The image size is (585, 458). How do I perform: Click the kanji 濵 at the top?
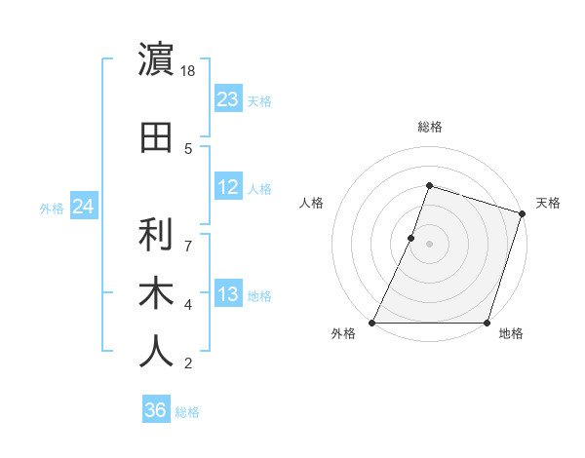(157, 59)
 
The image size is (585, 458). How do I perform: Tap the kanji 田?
(157, 137)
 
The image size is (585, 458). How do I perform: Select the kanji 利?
(157, 235)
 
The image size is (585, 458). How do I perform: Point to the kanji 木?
(157, 293)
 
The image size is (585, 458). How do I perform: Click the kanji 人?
(157, 352)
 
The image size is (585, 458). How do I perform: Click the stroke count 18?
(189, 72)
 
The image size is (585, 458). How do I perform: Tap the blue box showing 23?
(228, 99)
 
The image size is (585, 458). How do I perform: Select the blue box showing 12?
(228, 187)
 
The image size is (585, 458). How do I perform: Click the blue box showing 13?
(228, 294)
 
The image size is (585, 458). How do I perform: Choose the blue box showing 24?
(83, 207)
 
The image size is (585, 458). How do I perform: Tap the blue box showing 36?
(155, 410)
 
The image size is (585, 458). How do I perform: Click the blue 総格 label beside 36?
(187, 412)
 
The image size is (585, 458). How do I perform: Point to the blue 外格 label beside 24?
(52, 208)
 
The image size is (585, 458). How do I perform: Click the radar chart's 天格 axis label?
(548, 203)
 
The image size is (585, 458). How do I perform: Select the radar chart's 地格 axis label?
(511, 333)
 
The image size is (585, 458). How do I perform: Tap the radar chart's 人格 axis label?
(311, 203)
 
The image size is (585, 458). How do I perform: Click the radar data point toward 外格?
(372, 323)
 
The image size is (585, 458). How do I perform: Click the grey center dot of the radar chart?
(429, 244)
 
